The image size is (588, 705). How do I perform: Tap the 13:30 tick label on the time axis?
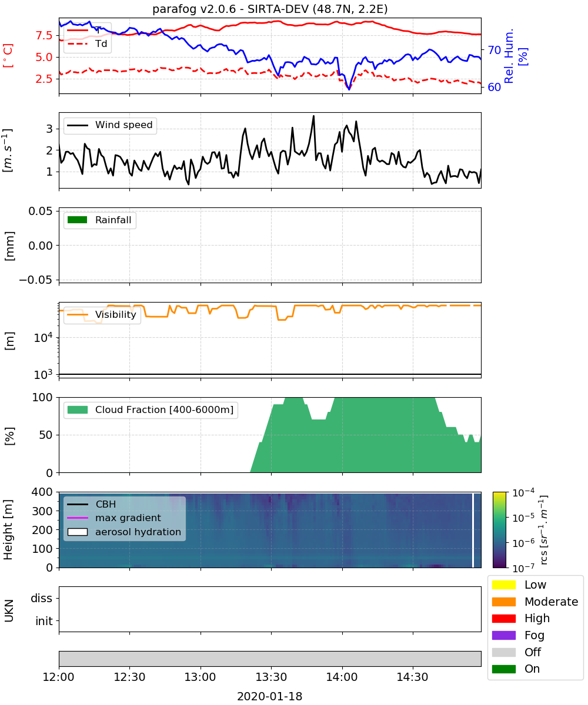(271, 677)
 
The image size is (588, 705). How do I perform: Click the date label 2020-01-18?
(270, 696)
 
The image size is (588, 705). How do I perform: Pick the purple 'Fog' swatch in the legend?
(503, 635)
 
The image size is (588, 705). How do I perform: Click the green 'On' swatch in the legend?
(503, 669)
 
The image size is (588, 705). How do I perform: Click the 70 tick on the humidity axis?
(494, 51)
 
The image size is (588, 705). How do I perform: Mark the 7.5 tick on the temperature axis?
(44, 35)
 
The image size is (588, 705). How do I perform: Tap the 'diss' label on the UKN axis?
(41, 598)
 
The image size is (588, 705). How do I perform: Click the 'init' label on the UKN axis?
(44, 621)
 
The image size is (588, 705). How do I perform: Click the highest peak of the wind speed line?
(313, 116)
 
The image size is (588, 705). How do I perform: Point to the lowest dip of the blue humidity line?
(349, 89)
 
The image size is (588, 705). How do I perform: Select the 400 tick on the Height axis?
(42, 492)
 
